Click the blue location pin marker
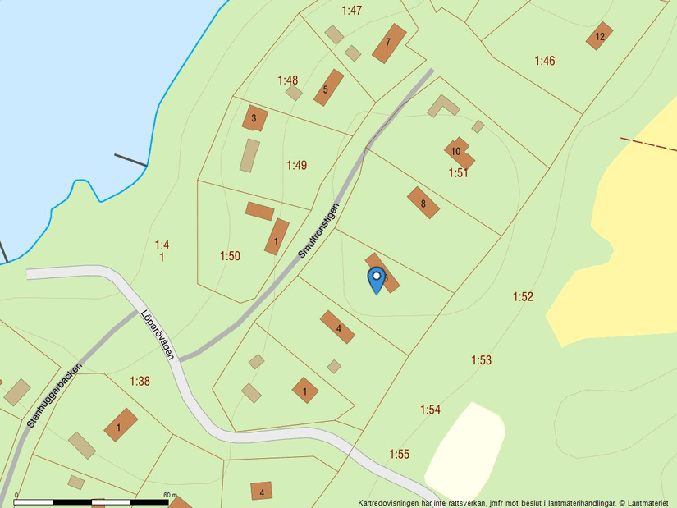click(x=376, y=279)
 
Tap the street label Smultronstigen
click(x=318, y=231)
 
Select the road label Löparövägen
click(x=158, y=334)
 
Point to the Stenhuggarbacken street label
click(x=56, y=395)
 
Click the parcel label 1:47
click(x=352, y=10)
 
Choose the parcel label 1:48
click(x=287, y=80)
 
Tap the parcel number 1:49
click(x=296, y=165)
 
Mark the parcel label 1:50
click(x=230, y=256)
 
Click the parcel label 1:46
click(x=545, y=60)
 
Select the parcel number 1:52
click(x=523, y=296)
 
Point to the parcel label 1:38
click(x=140, y=381)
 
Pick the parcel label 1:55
click(x=399, y=454)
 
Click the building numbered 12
click(x=600, y=36)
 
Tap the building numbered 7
click(x=389, y=43)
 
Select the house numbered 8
click(x=423, y=203)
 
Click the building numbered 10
click(x=456, y=151)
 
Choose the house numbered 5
click(x=327, y=88)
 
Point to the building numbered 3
click(x=254, y=118)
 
